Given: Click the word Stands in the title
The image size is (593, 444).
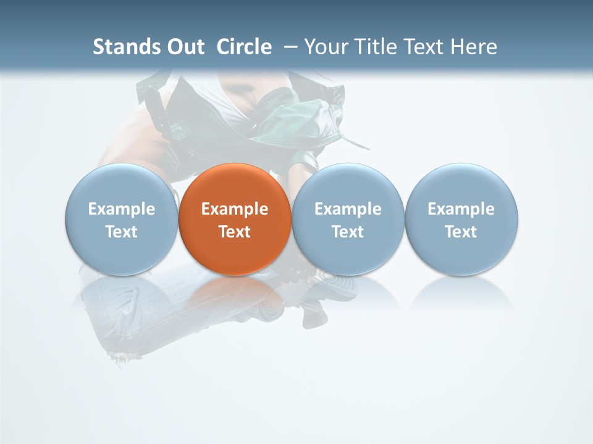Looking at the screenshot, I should pos(119,47).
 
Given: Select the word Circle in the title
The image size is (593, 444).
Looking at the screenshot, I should pos(244,47).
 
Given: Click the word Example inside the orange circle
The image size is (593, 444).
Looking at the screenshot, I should pos(235,209).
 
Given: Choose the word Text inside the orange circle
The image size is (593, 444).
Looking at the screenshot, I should pos(235,232).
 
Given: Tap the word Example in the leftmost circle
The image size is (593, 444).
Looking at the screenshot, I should pos(121,209).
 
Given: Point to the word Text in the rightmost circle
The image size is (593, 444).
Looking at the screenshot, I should pos(461,232).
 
